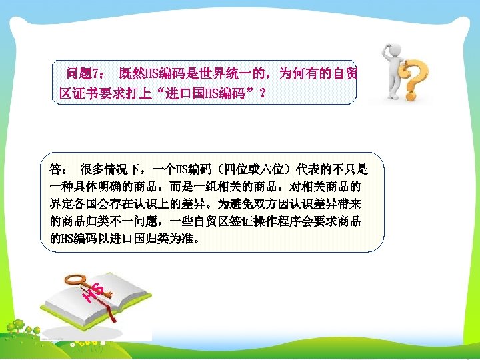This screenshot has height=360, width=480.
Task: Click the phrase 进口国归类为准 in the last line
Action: point(154,238)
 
